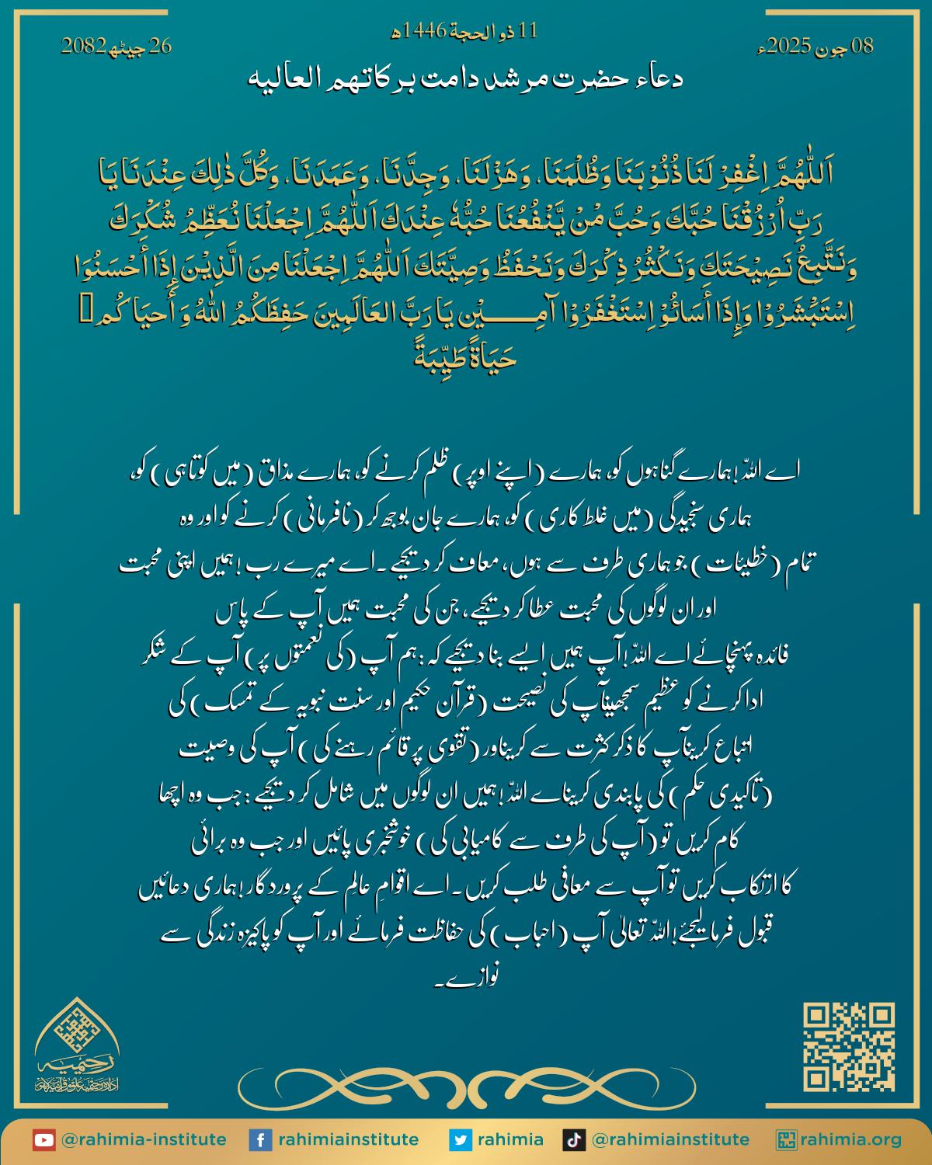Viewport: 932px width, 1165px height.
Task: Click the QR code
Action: tap(849, 1047)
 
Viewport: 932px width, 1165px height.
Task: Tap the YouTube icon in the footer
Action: tap(43, 1140)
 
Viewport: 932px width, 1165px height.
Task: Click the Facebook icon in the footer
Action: tap(260, 1140)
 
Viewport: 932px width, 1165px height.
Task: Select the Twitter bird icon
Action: tap(461, 1140)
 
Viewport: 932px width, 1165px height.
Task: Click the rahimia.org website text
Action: tap(852, 1140)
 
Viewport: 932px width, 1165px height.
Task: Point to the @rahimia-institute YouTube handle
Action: tap(144, 1140)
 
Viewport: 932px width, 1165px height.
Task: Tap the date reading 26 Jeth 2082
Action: tap(116, 47)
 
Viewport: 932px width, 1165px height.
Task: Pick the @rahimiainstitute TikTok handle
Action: tap(670, 1140)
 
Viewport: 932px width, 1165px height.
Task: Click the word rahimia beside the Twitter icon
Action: tap(510, 1140)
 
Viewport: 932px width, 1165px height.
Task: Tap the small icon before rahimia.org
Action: tap(788, 1140)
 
